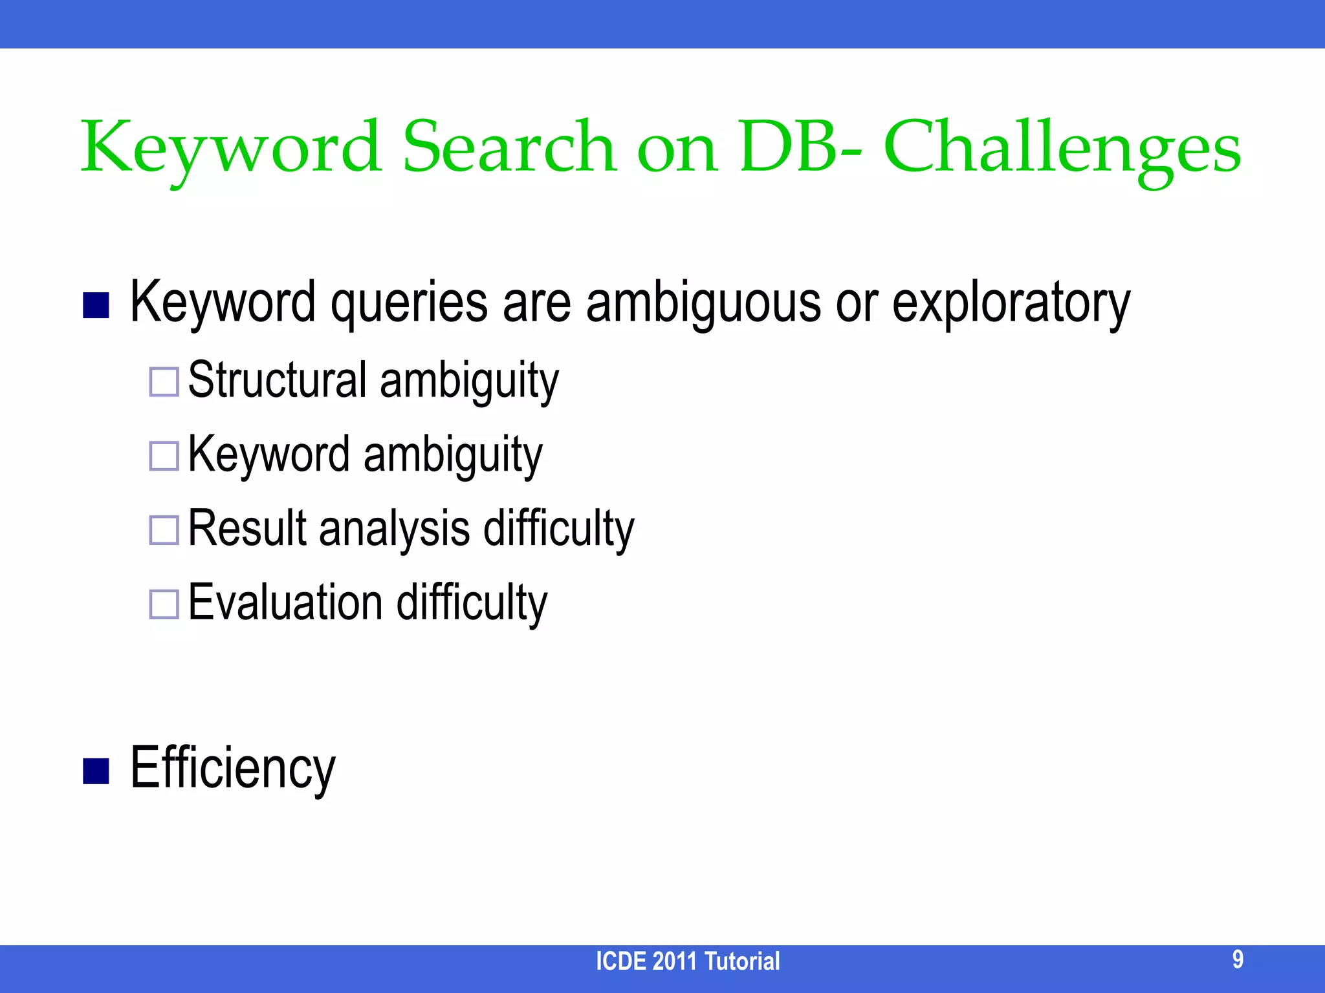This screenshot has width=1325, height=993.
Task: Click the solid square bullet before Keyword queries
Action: click(x=96, y=306)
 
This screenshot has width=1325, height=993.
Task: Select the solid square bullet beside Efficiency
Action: click(x=96, y=771)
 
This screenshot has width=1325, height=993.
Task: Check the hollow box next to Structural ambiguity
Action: click(x=164, y=382)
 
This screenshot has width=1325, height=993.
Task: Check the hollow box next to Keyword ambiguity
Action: click(x=164, y=456)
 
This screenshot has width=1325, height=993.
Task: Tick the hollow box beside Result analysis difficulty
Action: click(x=164, y=530)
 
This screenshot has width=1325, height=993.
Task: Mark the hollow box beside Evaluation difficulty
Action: click(x=164, y=604)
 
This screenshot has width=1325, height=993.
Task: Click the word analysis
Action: click(x=394, y=529)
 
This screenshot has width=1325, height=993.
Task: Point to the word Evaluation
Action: click(x=285, y=603)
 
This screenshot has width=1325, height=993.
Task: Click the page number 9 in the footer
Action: click(x=1237, y=959)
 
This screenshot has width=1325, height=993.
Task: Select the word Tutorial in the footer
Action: click(x=741, y=961)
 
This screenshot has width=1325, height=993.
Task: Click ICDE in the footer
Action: click(x=620, y=961)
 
